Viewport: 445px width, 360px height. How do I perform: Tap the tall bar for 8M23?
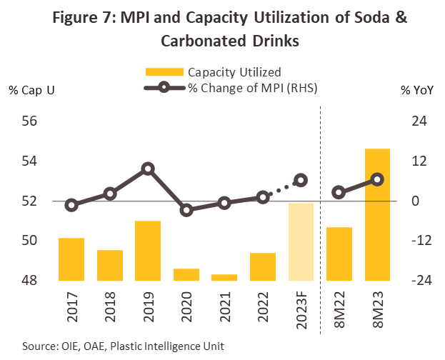[x=377, y=214]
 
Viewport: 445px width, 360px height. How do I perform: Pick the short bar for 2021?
[x=224, y=277]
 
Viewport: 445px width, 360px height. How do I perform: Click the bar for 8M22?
[x=339, y=254]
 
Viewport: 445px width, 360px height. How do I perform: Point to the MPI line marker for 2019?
[x=148, y=169]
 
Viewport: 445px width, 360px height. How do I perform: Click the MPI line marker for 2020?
[x=186, y=210]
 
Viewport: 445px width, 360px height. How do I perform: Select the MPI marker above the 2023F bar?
[x=301, y=181]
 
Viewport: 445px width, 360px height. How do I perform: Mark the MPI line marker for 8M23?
[x=377, y=179]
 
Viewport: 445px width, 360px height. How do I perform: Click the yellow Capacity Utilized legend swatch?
[x=164, y=71]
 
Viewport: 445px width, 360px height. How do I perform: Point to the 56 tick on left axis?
[x=29, y=121]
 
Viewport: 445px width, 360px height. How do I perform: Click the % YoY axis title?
[x=416, y=90]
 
